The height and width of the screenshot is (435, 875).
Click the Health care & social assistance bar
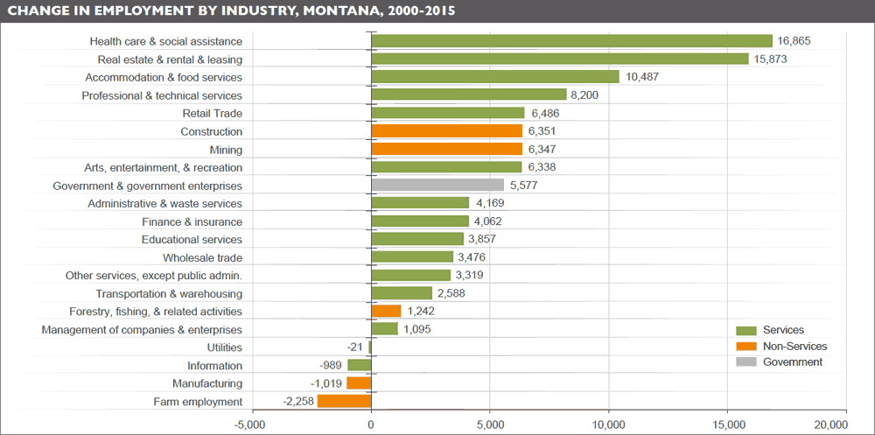pos(571,41)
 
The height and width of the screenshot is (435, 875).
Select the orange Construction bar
pos(446,131)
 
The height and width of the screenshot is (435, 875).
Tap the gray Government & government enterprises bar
pos(437,186)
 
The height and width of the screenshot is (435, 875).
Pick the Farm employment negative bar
pos(344,402)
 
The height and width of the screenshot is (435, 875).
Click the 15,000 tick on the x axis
pos(727,424)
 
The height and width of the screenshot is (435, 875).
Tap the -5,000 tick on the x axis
pos(252,424)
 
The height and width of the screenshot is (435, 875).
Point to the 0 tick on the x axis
pos(371,424)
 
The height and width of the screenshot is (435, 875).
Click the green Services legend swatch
pos(745,330)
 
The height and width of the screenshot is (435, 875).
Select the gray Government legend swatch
pos(745,362)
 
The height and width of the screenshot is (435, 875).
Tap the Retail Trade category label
pos(212,114)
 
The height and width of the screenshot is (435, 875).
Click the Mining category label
pos(226,150)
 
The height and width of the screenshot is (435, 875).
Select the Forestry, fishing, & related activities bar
pos(386,312)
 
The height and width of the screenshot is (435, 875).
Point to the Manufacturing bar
pos(359,383)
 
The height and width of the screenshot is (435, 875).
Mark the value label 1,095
pos(417,330)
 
